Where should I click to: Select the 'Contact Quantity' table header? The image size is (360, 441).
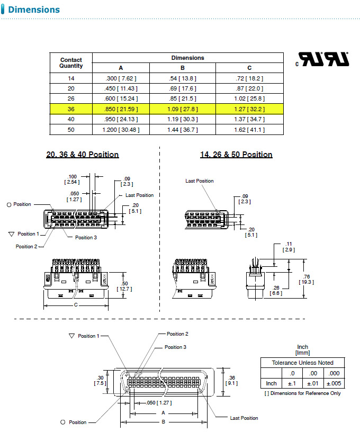coord(71,63)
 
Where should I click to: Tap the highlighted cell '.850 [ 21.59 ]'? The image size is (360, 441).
coord(121,109)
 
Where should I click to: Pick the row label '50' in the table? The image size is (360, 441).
coord(71,129)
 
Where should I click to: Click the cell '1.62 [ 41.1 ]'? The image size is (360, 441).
coord(249,129)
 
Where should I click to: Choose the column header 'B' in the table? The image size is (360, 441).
coord(182,68)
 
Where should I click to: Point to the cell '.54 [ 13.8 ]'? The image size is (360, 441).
coord(182,78)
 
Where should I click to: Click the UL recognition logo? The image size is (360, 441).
coord(323,59)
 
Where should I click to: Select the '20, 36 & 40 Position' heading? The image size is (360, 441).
coord(83,155)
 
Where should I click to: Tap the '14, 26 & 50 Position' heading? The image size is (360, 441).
coord(236,155)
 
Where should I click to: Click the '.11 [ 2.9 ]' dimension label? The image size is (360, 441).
coord(288,246)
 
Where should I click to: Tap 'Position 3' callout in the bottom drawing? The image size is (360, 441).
coord(175,347)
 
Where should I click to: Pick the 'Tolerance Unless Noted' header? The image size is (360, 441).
coord(303,363)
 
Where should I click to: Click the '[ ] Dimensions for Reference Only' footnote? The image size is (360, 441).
coord(302,393)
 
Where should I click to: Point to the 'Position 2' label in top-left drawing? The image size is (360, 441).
coord(27,247)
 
